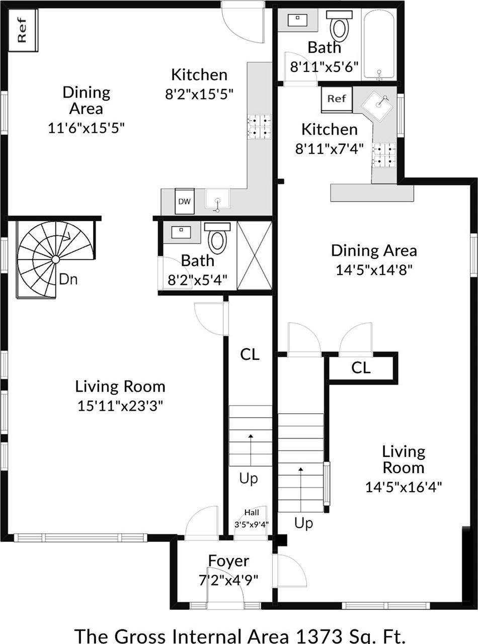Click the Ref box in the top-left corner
[x=23, y=31]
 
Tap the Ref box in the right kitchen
[x=337, y=99]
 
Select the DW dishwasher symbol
[x=185, y=201]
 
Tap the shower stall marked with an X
[x=254, y=255]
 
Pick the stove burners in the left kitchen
[x=259, y=126]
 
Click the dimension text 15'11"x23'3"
[x=120, y=405]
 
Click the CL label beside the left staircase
[x=250, y=354]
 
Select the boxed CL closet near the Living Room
[x=361, y=368]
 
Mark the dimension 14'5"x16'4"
[x=404, y=487]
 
